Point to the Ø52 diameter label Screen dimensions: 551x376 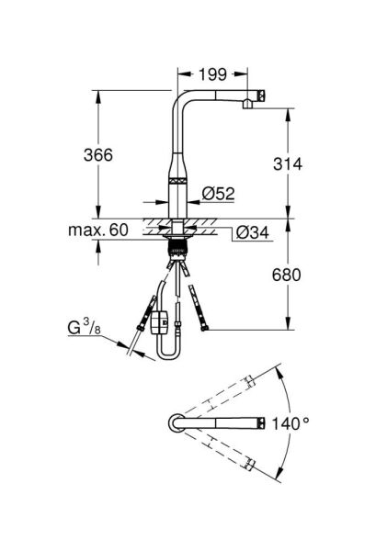click(219, 193)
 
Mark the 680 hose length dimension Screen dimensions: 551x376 click(288, 275)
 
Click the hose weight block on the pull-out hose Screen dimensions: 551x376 click(159, 321)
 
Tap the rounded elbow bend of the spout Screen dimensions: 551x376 click(180, 98)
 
